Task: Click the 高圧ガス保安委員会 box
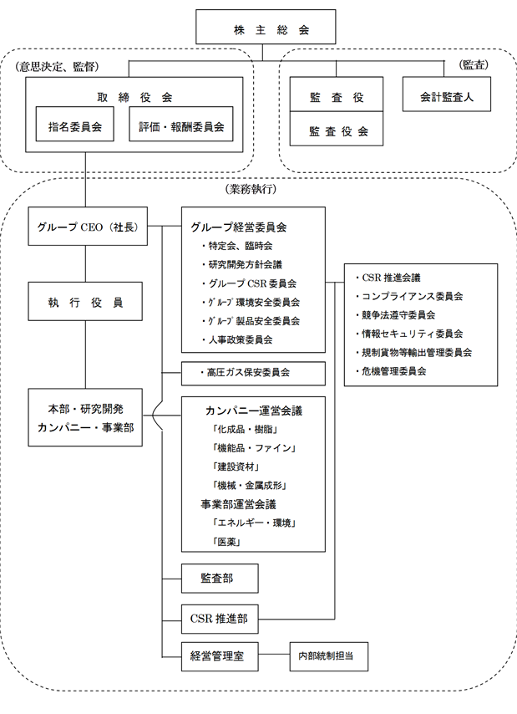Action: pyautogui.click(x=252, y=373)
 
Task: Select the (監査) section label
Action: pyautogui.click(x=474, y=64)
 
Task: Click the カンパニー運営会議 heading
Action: pyautogui.click(x=253, y=411)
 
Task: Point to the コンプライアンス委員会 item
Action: pyautogui.click(x=413, y=296)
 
